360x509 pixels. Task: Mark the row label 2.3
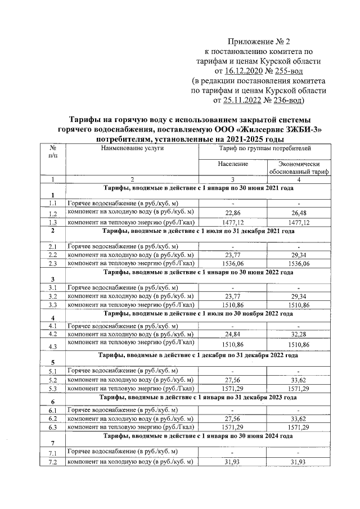coord(53,263)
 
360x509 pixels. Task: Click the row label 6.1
coord(53,411)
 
